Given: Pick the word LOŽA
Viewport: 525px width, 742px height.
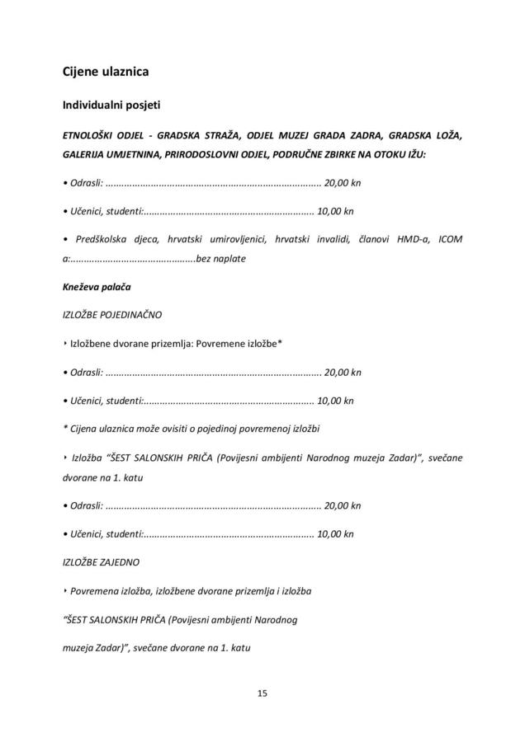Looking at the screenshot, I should click(x=447, y=135).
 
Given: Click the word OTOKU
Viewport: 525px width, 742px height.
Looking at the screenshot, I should click(x=385, y=154).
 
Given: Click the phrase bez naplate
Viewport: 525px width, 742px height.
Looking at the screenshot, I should click(x=220, y=259).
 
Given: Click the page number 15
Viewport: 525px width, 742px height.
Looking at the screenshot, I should click(x=262, y=693).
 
